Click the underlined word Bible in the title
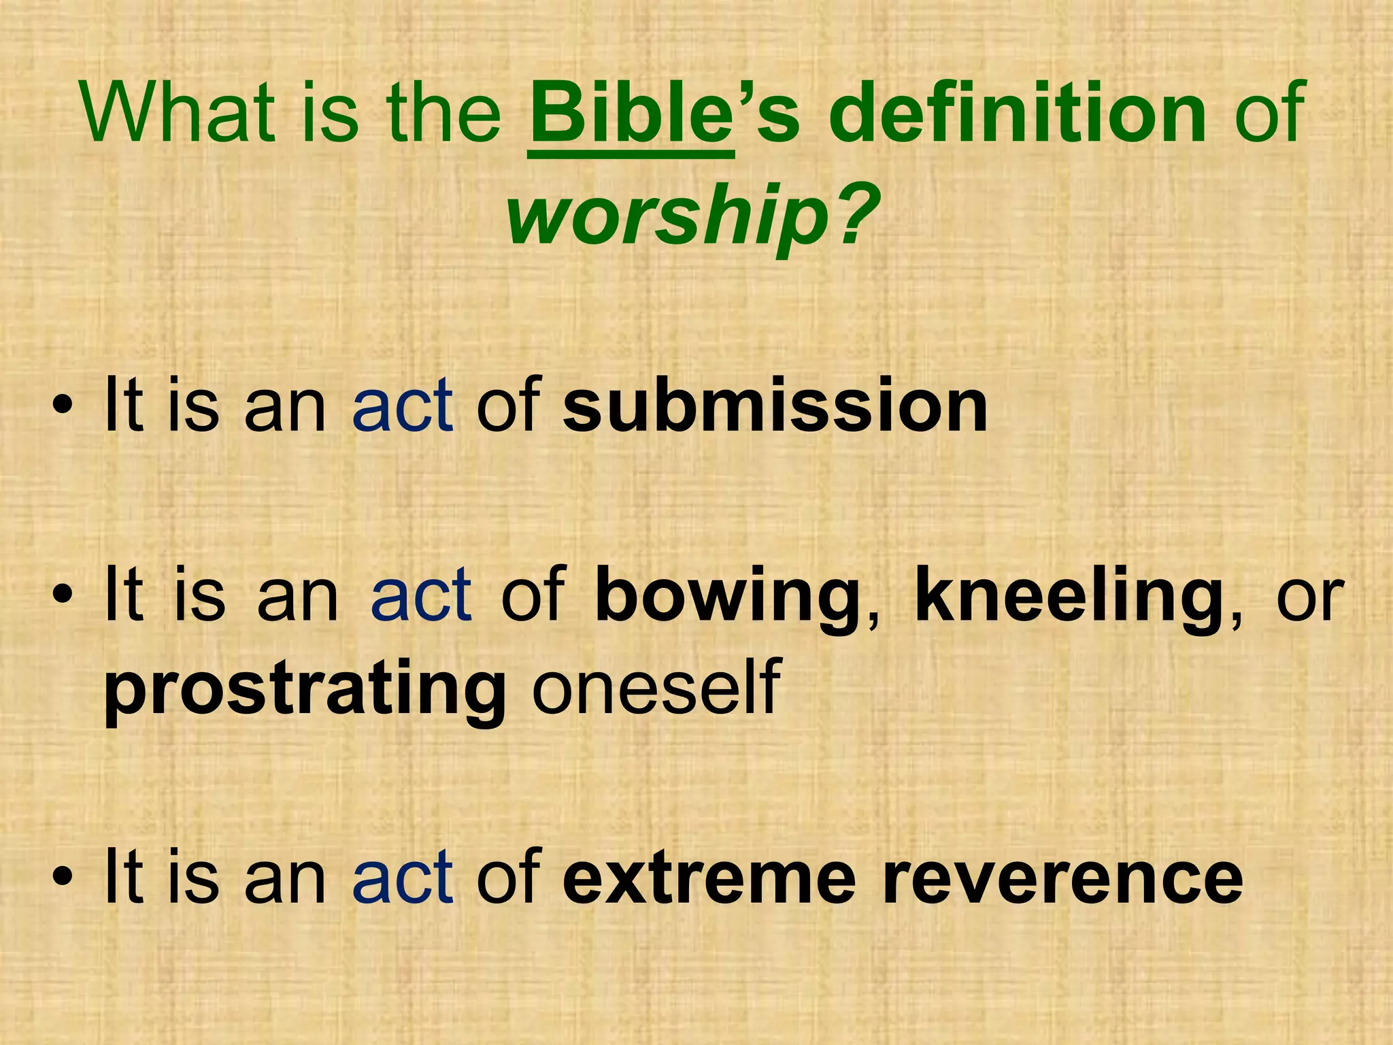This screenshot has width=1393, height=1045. (630, 112)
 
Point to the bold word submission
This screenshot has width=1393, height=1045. (775, 406)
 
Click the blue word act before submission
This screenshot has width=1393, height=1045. (402, 406)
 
